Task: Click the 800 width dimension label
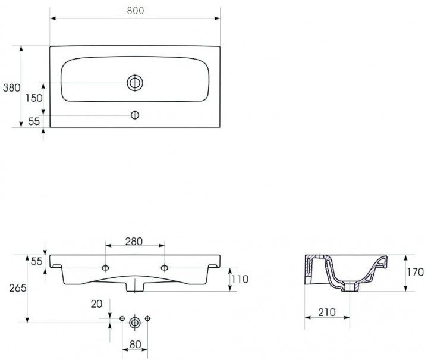point(136,10)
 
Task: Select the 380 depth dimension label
point(11,87)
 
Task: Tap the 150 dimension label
point(34,98)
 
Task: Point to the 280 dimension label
point(134,242)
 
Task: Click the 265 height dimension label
point(18,287)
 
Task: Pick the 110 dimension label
point(240,279)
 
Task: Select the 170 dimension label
point(416,272)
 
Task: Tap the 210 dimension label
point(327,312)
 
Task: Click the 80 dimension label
point(135,345)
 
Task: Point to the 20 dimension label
point(97,303)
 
